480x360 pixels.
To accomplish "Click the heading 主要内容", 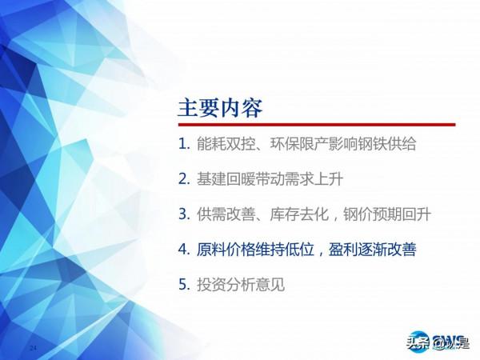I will point(219,107).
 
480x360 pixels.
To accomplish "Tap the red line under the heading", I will point(316,125).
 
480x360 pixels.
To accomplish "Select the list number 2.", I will point(183,179).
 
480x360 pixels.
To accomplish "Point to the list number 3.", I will point(183,214).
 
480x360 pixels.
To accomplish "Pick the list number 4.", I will point(183,249).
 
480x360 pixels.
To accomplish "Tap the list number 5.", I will point(183,283).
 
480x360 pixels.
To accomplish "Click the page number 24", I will point(33,349).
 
